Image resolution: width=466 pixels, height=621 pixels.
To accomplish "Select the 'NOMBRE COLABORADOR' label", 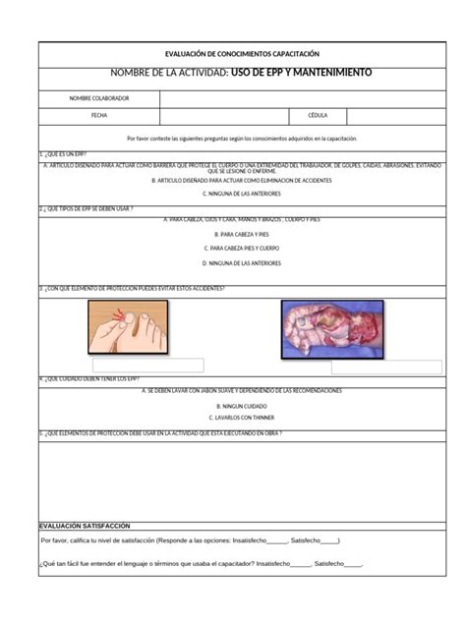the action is click(x=98, y=98).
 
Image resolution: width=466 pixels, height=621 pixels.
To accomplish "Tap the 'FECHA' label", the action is click(x=98, y=115).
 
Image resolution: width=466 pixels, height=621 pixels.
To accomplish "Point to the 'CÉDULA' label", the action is click(x=318, y=115).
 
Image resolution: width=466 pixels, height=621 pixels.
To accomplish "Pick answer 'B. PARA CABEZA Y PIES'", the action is click(x=241, y=235).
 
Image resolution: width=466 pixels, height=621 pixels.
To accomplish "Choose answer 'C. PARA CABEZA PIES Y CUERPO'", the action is click(x=241, y=249).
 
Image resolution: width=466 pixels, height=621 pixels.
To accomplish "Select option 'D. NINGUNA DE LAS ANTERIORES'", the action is click(x=241, y=263).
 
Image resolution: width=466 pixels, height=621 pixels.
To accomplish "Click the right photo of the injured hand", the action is click(x=331, y=328).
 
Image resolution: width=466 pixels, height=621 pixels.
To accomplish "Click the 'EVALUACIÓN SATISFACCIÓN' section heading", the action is click(x=84, y=526).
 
